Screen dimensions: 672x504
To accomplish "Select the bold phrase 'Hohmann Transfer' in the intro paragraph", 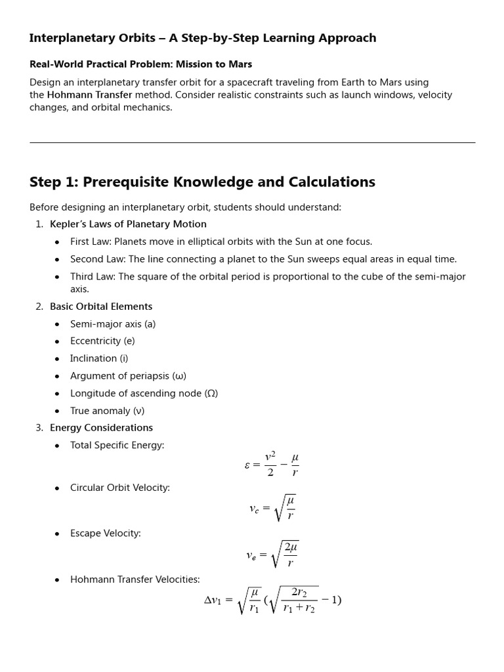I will [89, 94].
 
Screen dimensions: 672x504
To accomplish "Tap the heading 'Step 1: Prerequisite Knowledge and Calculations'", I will [202, 182].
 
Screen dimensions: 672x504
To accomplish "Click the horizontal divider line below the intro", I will [252, 142].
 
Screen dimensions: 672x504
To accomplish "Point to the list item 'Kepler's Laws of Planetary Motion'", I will [128, 224].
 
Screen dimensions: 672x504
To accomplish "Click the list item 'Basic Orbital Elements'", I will [101, 306].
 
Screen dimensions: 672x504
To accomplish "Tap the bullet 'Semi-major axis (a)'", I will [113, 324].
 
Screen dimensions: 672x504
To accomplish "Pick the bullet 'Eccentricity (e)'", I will [102, 341].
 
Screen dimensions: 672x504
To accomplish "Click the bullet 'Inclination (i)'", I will [99, 358].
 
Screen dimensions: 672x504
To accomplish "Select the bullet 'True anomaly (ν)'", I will [107, 411].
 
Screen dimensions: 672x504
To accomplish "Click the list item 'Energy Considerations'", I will [101, 428].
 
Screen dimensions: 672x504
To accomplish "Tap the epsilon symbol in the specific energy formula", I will [247, 465].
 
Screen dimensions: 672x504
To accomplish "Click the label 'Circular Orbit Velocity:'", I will [120, 488].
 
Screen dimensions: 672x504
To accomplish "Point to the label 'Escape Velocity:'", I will [106, 534].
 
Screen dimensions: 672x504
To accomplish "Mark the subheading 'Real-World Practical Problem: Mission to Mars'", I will [140, 64].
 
